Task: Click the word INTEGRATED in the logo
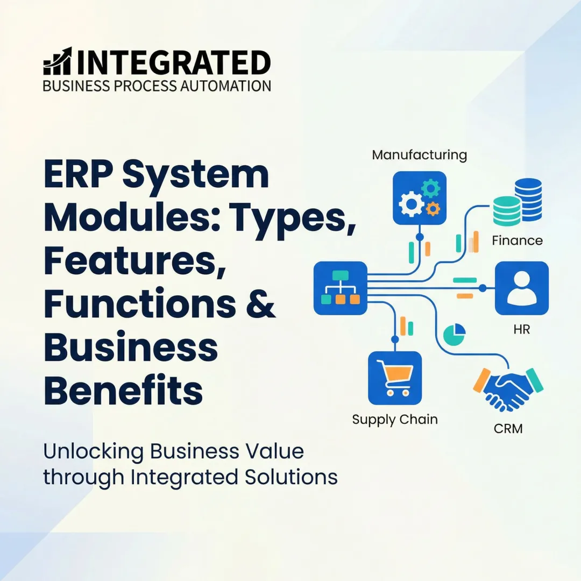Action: point(173,62)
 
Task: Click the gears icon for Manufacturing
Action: point(419,197)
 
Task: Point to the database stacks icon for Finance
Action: point(517,202)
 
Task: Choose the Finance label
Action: point(517,240)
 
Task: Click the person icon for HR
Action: point(521,288)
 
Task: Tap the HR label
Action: point(521,329)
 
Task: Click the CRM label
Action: point(507,429)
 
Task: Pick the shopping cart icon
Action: point(394,378)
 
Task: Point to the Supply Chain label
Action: point(394,419)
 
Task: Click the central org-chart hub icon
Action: point(340,288)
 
